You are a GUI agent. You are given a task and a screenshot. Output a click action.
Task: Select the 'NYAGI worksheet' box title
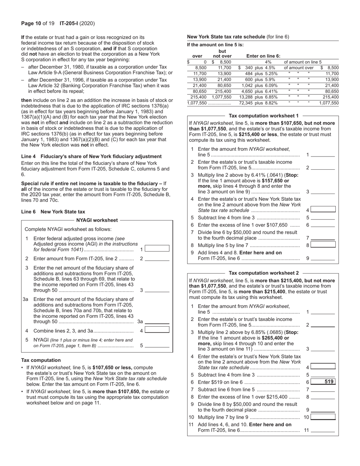click(x=97, y=220)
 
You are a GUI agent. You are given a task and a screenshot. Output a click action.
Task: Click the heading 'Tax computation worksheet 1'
click(x=264, y=116)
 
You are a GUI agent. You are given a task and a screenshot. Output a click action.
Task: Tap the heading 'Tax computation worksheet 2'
click(x=264, y=273)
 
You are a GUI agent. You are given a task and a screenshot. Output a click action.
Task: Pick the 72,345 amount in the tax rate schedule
click(x=246, y=103)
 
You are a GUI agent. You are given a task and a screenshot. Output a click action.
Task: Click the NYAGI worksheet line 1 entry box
click(x=157, y=249)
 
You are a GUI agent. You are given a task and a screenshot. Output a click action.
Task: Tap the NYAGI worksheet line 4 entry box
click(x=157, y=330)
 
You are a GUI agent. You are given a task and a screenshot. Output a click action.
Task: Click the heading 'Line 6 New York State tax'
click(x=53, y=212)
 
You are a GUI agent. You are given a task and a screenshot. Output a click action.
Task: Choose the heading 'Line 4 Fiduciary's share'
click(x=91, y=156)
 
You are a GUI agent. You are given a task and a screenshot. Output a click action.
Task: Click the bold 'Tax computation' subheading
click(x=41, y=360)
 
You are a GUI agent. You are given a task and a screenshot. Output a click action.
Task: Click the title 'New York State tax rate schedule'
click(x=226, y=37)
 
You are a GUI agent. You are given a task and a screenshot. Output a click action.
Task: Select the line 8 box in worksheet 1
click(x=323, y=245)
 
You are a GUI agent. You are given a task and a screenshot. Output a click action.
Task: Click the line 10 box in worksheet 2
click(x=323, y=417)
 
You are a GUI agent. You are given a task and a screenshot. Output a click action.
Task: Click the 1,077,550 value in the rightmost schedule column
click(x=329, y=103)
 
